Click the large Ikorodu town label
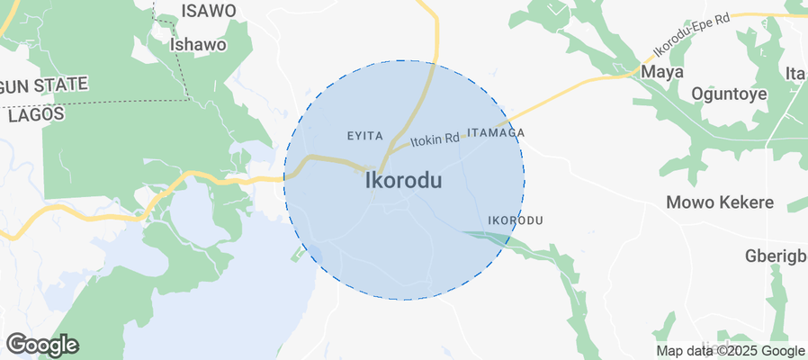[404, 181]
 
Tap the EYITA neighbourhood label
[366, 136]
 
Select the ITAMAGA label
[496, 132]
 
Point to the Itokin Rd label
[435, 139]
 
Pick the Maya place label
[661, 71]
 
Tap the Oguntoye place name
[729, 94]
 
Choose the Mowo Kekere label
[720, 202]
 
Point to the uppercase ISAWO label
[209, 11]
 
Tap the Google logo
[41, 344]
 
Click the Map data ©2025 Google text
[730, 351]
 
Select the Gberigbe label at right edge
[776, 256]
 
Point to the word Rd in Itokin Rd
[451, 138]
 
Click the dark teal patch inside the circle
[486, 237]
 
